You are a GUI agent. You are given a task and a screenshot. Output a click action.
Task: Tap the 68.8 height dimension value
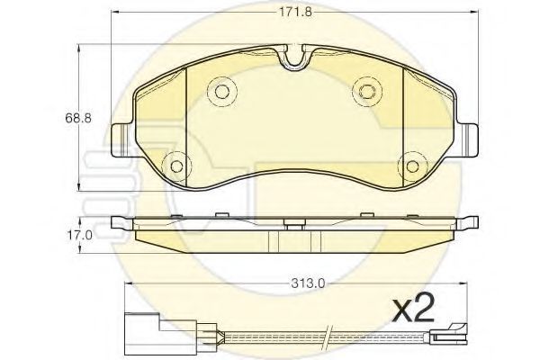(x=78, y=118)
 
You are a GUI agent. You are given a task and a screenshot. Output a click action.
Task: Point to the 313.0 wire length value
(x=308, y=283)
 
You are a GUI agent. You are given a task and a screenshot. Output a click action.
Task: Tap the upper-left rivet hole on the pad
(x=222, y=91)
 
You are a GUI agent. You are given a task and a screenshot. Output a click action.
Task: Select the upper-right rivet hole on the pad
(x=367, y=91)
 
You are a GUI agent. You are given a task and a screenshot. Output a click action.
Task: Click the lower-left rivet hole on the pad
(x=177, y=166)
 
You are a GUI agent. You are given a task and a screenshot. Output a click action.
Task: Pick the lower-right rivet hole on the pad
(x=412, y=166)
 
